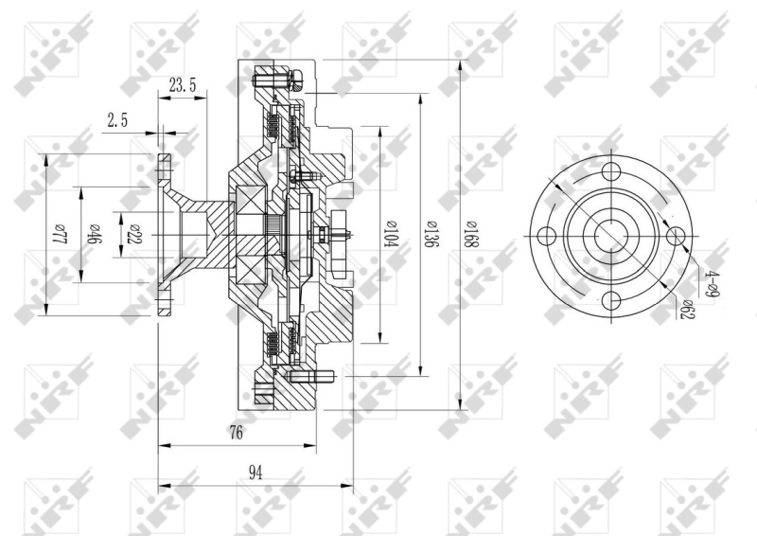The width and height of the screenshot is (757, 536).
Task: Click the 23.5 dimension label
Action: tap(183, 85)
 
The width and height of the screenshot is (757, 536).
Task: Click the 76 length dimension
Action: tap(236, 434)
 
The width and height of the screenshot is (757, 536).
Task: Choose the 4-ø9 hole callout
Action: tap(713, 283)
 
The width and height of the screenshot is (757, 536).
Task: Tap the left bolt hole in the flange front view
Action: tap(547, 237)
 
